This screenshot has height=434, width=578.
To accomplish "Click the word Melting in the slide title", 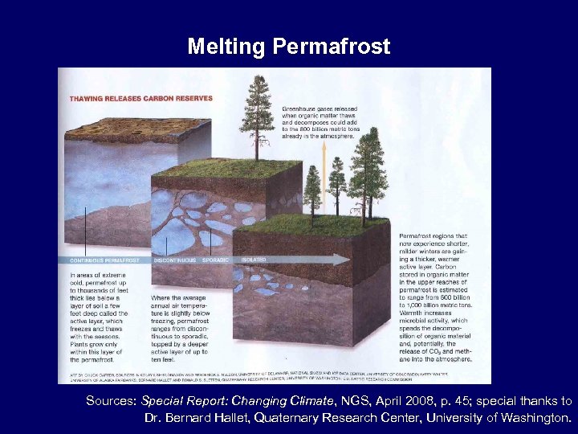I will click(x=227, y=47).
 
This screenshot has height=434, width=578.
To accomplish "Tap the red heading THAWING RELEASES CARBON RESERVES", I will click(x=141, y=98).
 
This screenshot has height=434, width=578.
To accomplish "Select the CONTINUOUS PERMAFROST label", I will click(x=105, y=260).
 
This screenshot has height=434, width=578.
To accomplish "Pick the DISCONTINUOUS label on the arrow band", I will click(x=174, y=260).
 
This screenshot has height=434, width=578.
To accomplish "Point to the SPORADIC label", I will click(x=216, y=260).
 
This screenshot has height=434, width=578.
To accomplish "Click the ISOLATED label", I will click(x=253, y=260).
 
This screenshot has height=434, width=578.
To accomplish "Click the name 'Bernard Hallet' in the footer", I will click(x=200, y=418).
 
